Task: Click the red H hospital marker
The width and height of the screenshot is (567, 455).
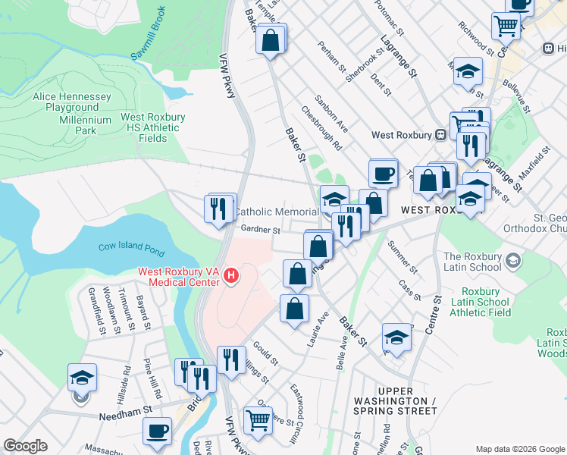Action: coord(231,278)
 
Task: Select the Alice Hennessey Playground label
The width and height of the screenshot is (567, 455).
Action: coord(72,102)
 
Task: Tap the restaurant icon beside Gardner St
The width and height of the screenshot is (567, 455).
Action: coord(219,208)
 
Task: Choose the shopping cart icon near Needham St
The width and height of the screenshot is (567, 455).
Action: coord(258,419)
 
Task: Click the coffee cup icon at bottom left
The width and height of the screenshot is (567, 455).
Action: coord(158,431)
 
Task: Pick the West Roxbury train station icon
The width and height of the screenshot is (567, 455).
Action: coord(440,135)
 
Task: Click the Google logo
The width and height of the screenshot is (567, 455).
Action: coord(26,446)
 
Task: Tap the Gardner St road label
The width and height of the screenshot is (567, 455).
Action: coord(261,230)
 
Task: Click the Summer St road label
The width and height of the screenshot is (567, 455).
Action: coord(402,257)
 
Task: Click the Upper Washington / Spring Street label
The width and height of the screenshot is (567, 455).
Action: coord(394,405)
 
